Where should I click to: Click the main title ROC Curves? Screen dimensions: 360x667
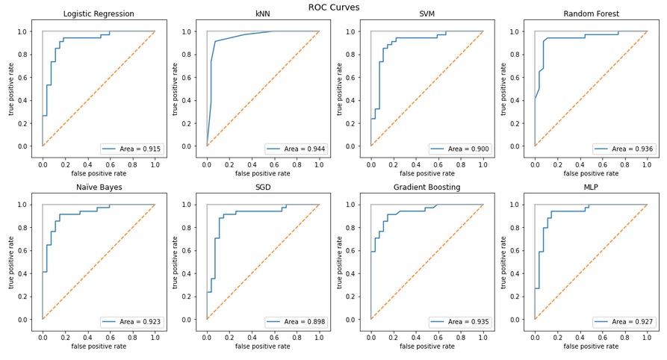pyautogui.click(x=334, y=7)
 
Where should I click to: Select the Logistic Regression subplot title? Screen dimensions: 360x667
pyautogui.click(x=99, y=14)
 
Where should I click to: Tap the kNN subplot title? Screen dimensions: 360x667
pyautogui.click(x=263, y=14)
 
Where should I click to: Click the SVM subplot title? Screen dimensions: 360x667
pyautogui.click(x=426, y=14)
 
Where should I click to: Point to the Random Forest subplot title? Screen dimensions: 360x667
pyautogui.click(x=591, y=14)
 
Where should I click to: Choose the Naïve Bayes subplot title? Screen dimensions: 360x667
pyautogui.click(x=99, y=187)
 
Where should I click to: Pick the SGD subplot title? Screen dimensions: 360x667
pyautogui.click(x=263, y=187)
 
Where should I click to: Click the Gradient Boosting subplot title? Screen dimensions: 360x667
pyautogui.click(x=426, y=187)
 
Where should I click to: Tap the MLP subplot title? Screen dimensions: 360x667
pyautogui.click(x=591, y=187)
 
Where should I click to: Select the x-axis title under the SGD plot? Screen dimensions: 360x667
pyautogui.click(x=263, y=346)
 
